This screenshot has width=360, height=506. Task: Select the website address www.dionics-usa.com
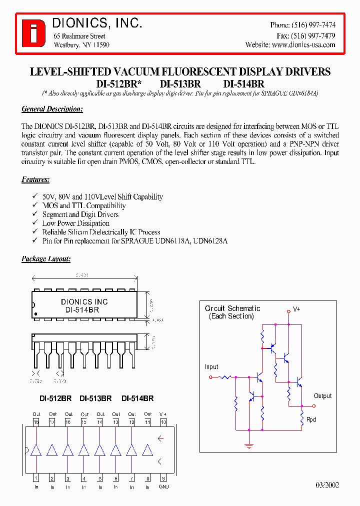point(303,44)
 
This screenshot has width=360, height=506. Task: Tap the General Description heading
point(52,109)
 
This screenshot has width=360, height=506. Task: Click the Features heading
point(35,179)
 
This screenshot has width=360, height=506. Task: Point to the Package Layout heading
point(46,259)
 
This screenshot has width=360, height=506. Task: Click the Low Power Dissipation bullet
point(75,223)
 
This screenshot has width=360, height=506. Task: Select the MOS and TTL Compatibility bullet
point(83,205)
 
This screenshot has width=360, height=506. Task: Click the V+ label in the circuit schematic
point(296,309)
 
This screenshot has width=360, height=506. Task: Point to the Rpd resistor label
point(311,419)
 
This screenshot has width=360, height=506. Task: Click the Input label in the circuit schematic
point(211,367)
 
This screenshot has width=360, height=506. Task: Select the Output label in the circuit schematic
point(322,396)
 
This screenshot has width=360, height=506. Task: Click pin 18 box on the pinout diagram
point(36,422)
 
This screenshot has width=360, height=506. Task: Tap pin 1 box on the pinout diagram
point(36,478)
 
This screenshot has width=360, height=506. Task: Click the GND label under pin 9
point(163,486)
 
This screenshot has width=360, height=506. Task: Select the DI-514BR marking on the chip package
point(82,310)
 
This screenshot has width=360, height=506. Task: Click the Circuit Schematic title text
point(232,308)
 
